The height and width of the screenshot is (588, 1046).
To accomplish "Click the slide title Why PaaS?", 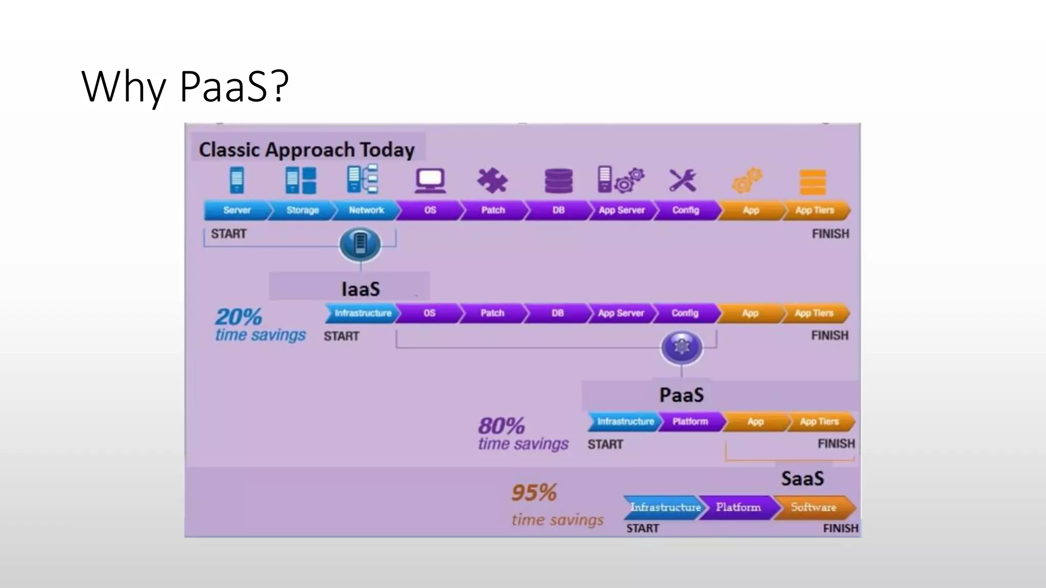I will [185, 86].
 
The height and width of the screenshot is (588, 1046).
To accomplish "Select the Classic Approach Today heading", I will [306, 150].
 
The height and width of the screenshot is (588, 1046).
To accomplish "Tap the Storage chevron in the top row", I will [302, 210].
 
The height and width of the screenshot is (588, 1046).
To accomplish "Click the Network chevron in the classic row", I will [366, 210].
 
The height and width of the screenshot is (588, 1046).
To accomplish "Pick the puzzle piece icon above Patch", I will [492, 181].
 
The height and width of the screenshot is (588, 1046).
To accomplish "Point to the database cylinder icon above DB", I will [558, 181].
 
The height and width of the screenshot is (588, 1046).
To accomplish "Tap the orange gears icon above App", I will [747, 181].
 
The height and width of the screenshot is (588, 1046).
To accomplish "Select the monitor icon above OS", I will [430, 181].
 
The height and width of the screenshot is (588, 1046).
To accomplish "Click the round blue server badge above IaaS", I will [360, 244].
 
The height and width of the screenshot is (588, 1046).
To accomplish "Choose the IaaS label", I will [361, 289].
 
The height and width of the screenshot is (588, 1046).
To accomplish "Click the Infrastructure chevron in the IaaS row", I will [362, 313].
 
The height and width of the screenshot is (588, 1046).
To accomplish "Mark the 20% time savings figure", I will [239, 317].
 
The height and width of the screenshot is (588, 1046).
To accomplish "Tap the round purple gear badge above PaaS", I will [681, 347].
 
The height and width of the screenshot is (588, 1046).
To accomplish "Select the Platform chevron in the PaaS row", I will [690, 422].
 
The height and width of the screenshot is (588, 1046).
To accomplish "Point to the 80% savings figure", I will [502, 426].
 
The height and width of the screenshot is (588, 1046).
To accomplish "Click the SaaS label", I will [802, 479].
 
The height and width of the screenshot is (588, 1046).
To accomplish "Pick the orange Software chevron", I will [813, 507].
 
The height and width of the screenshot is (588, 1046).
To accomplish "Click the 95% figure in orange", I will [534, 493].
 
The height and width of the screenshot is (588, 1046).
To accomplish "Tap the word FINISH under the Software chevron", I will [840, 528].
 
